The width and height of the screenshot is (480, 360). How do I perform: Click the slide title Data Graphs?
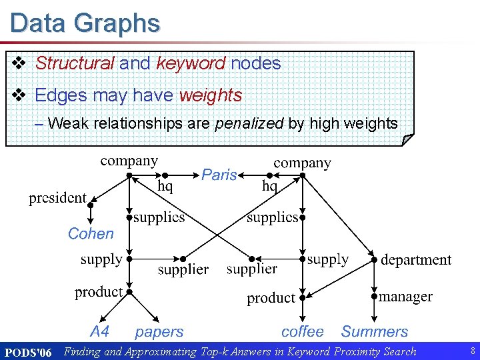click(85, 23)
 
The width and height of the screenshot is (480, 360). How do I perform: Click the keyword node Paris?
click(219, 175)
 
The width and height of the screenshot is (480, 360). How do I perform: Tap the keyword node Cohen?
click(91, 234)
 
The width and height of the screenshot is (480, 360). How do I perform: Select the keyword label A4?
click(99, 331)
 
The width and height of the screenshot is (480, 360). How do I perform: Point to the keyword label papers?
click(159, 331)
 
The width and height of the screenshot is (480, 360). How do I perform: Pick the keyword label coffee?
click(302, 331)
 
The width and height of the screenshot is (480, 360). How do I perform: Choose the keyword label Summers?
click(375, 331)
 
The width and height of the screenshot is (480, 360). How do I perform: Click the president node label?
click(57, 198)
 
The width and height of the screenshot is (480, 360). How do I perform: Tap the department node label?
click(416, 260)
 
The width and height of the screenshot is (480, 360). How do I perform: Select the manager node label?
click(405, 297)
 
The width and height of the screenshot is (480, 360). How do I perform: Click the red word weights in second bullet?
click(211, 95)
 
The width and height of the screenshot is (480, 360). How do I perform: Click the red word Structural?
click(75, 63)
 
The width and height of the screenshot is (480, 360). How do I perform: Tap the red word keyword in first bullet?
click(191, 63)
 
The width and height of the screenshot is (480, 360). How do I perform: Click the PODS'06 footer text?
click(28, 351)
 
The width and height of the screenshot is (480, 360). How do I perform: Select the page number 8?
click(472, 351)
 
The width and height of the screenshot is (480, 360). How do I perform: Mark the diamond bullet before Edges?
click(20, 95)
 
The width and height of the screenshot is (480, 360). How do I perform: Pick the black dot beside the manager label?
click(374, 296)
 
